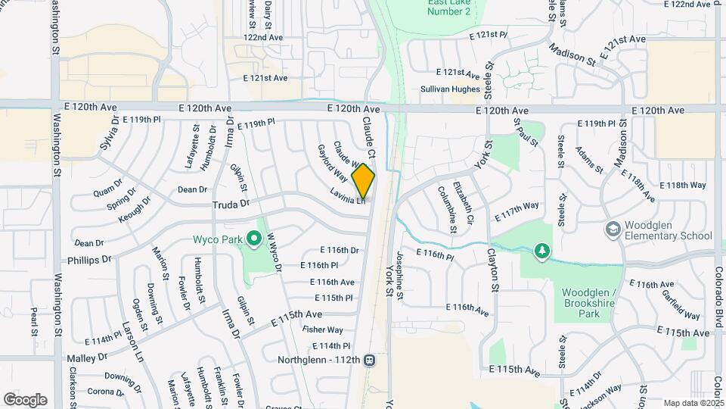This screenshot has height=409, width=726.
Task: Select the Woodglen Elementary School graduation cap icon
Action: point(613,228)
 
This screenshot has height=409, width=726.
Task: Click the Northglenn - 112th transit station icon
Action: point(370,360)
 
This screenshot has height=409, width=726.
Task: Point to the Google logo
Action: point(26,399)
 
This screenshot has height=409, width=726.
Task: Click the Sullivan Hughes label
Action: point(450,89)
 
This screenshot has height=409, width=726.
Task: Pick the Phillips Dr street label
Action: point(88,259)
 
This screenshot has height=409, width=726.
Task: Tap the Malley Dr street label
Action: point(87,357)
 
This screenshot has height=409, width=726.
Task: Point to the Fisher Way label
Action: point(323,329)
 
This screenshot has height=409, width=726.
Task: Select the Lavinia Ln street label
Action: point(348,195)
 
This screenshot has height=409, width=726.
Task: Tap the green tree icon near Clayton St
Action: point(541,250)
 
